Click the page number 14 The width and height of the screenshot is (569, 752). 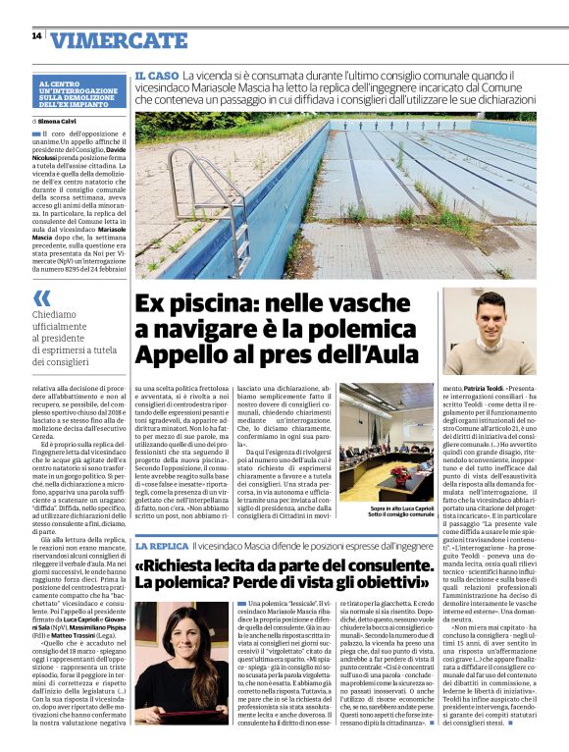pos(35,36)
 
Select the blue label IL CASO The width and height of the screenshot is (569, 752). pos(156,75)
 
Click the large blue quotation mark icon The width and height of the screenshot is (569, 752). pos(41,297)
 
